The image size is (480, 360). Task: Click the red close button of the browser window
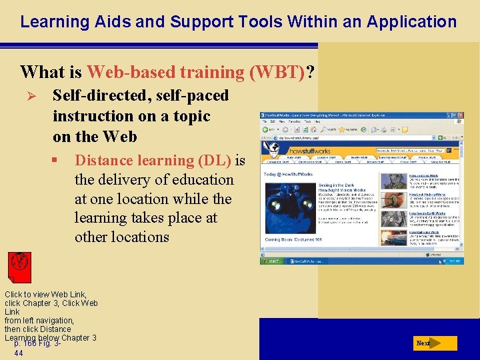(459, 115)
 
